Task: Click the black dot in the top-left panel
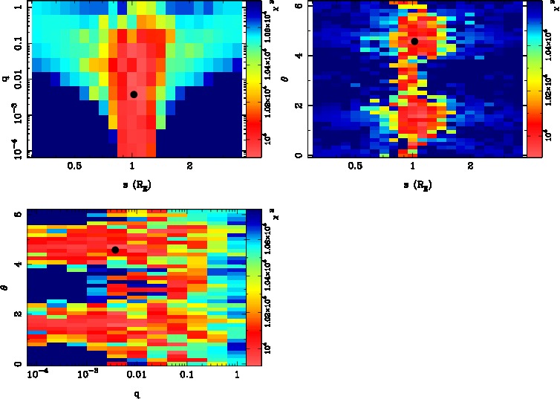click(133, 94)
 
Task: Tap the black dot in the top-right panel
click(414, 42)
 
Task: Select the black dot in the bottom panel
click(115, 250)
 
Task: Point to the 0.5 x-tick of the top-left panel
click(74, 166)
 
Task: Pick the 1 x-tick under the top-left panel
click(133, 166)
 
